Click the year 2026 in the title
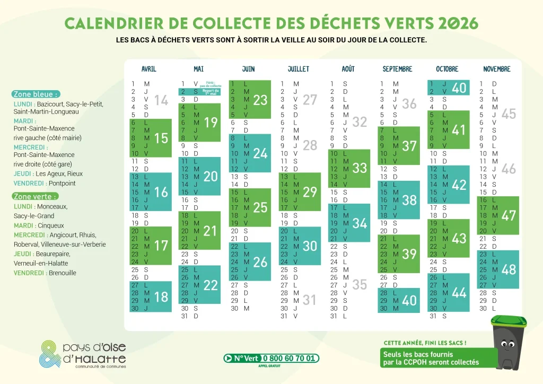458,23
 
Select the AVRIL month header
149,69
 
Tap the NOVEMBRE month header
497,69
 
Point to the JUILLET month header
299,69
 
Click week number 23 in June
260,100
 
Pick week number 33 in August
360,168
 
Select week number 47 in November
509,215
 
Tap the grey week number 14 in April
161,100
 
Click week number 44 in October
459,292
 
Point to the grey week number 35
360,285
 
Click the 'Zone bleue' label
36,94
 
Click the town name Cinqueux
51,225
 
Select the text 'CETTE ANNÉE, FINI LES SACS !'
425,343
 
